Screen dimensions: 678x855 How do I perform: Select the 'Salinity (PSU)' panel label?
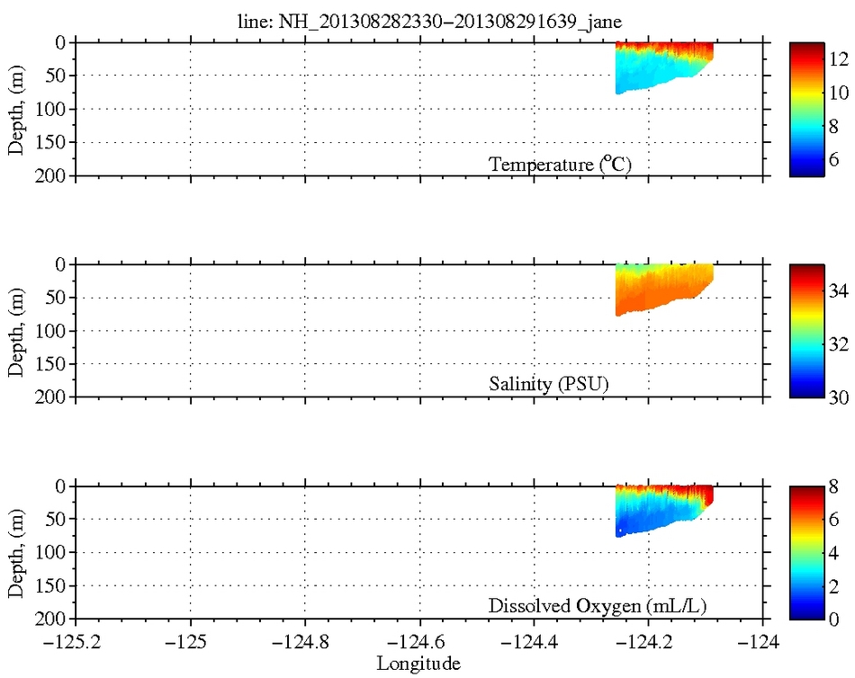549,385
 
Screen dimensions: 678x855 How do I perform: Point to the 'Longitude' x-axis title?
418,665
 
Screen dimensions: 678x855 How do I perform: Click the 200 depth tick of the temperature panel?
54,176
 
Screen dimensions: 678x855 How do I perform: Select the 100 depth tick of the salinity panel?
54,331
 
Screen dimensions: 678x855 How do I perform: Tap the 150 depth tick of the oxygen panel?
54,585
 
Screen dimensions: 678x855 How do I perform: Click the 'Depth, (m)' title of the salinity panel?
16,331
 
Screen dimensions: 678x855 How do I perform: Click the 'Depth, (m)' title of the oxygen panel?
16,553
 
